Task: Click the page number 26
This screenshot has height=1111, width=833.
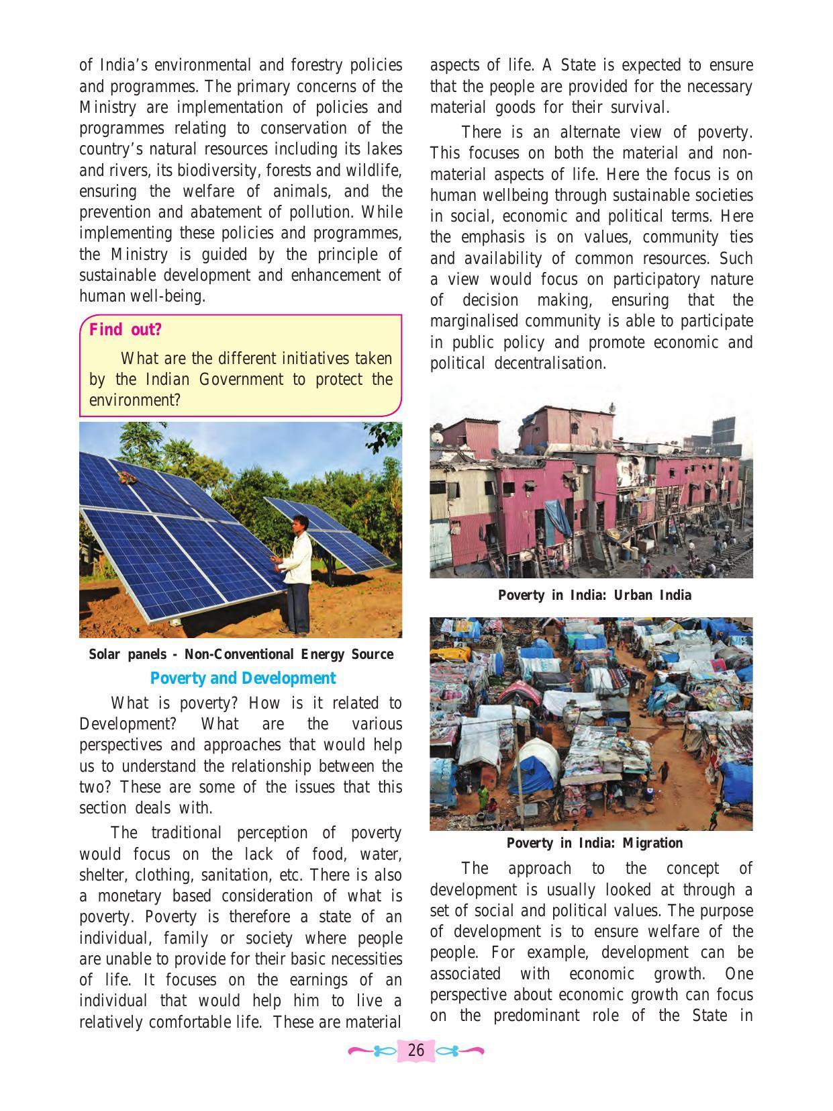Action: pos(416,1050)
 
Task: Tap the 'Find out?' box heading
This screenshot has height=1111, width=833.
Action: pos(126,330)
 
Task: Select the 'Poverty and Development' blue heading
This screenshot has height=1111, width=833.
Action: pos(242,678)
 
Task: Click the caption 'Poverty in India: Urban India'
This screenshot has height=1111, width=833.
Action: pos(594,595)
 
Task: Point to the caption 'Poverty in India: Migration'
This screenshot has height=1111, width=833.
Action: pos(594,843)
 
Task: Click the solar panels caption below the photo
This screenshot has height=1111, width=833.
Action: pos(241,654)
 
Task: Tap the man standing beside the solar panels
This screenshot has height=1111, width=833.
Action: pos(296,571)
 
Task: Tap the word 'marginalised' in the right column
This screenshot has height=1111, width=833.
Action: pos(475,322)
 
